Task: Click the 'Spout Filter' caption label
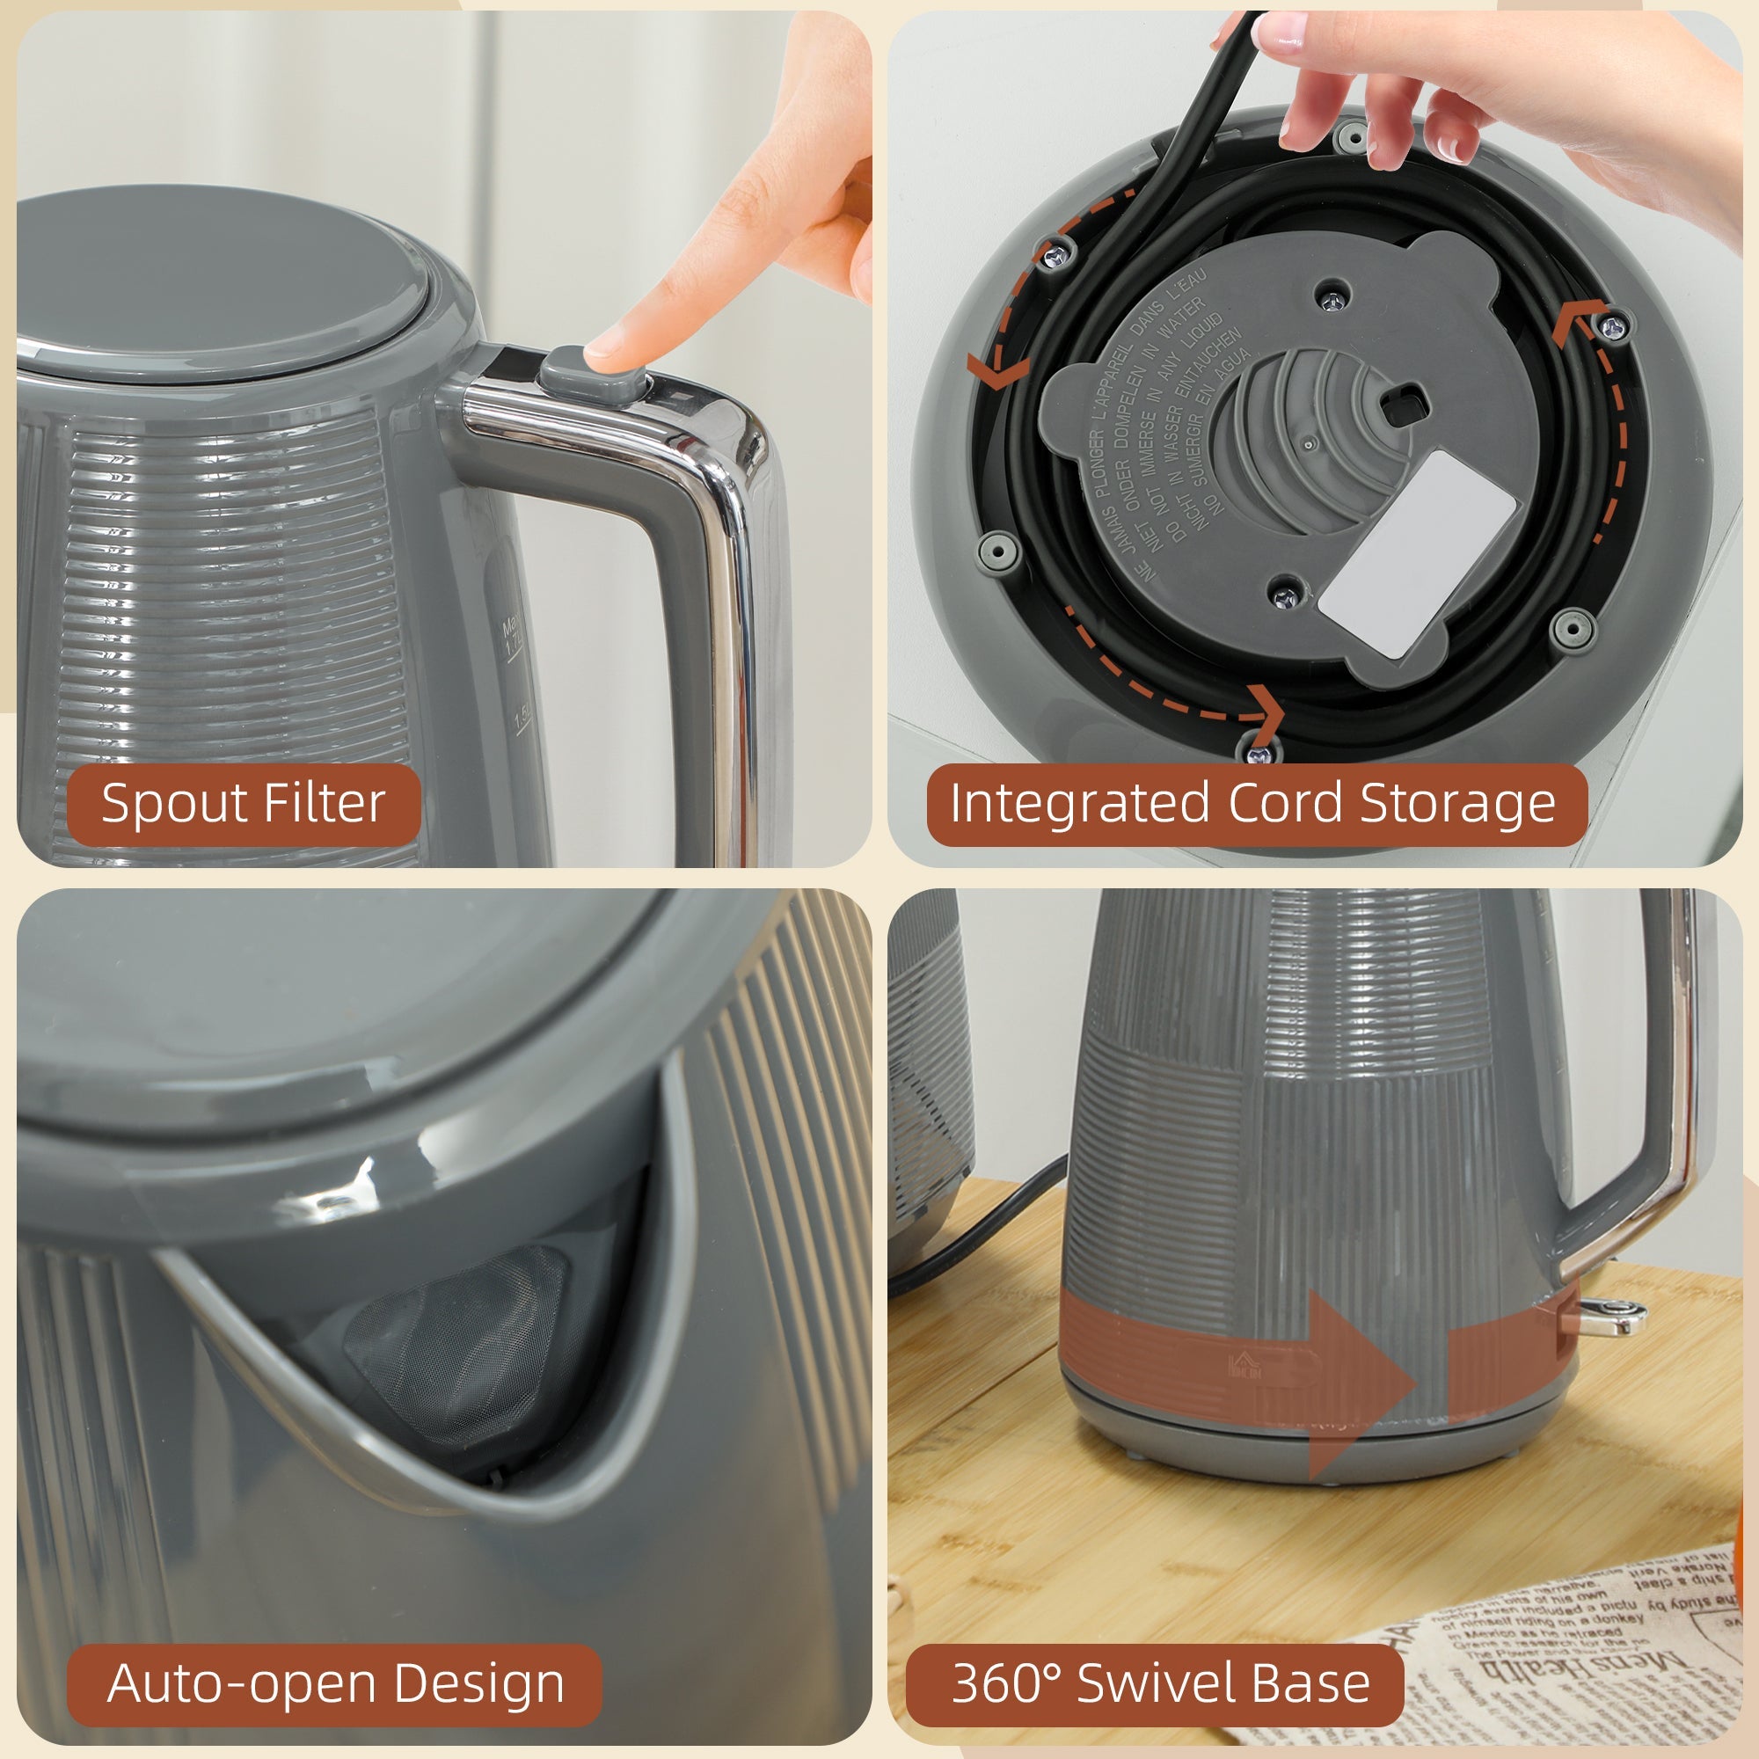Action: [243, 804]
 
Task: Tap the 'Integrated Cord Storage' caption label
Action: [1252, 804]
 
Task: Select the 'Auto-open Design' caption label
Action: [334, 1683]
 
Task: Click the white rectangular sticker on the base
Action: [1417, 551]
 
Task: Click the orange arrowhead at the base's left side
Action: [995, 370]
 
